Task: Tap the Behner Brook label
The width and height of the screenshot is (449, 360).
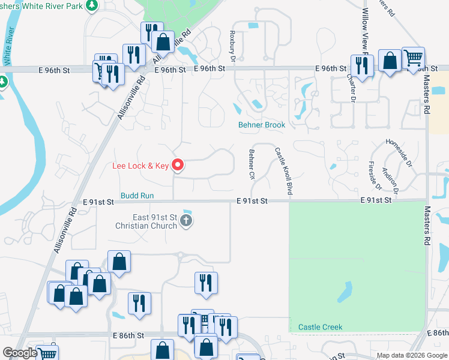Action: [x=261, y=125]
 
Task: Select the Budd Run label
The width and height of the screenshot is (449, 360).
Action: [x=137, y=196]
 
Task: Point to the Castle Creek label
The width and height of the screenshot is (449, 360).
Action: [x=320, y=327]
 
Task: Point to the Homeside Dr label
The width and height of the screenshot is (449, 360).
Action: [x=399, y=152]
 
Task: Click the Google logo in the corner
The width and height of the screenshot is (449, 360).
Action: [x=20, y=353]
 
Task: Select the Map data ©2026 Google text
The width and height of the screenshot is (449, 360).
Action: [x=412, y=355]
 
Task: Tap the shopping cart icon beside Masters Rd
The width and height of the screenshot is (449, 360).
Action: [x=413, y=58]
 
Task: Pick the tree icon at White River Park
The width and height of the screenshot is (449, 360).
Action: [x=91, y=6]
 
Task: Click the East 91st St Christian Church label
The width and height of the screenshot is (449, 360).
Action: [x=146, y=221]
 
